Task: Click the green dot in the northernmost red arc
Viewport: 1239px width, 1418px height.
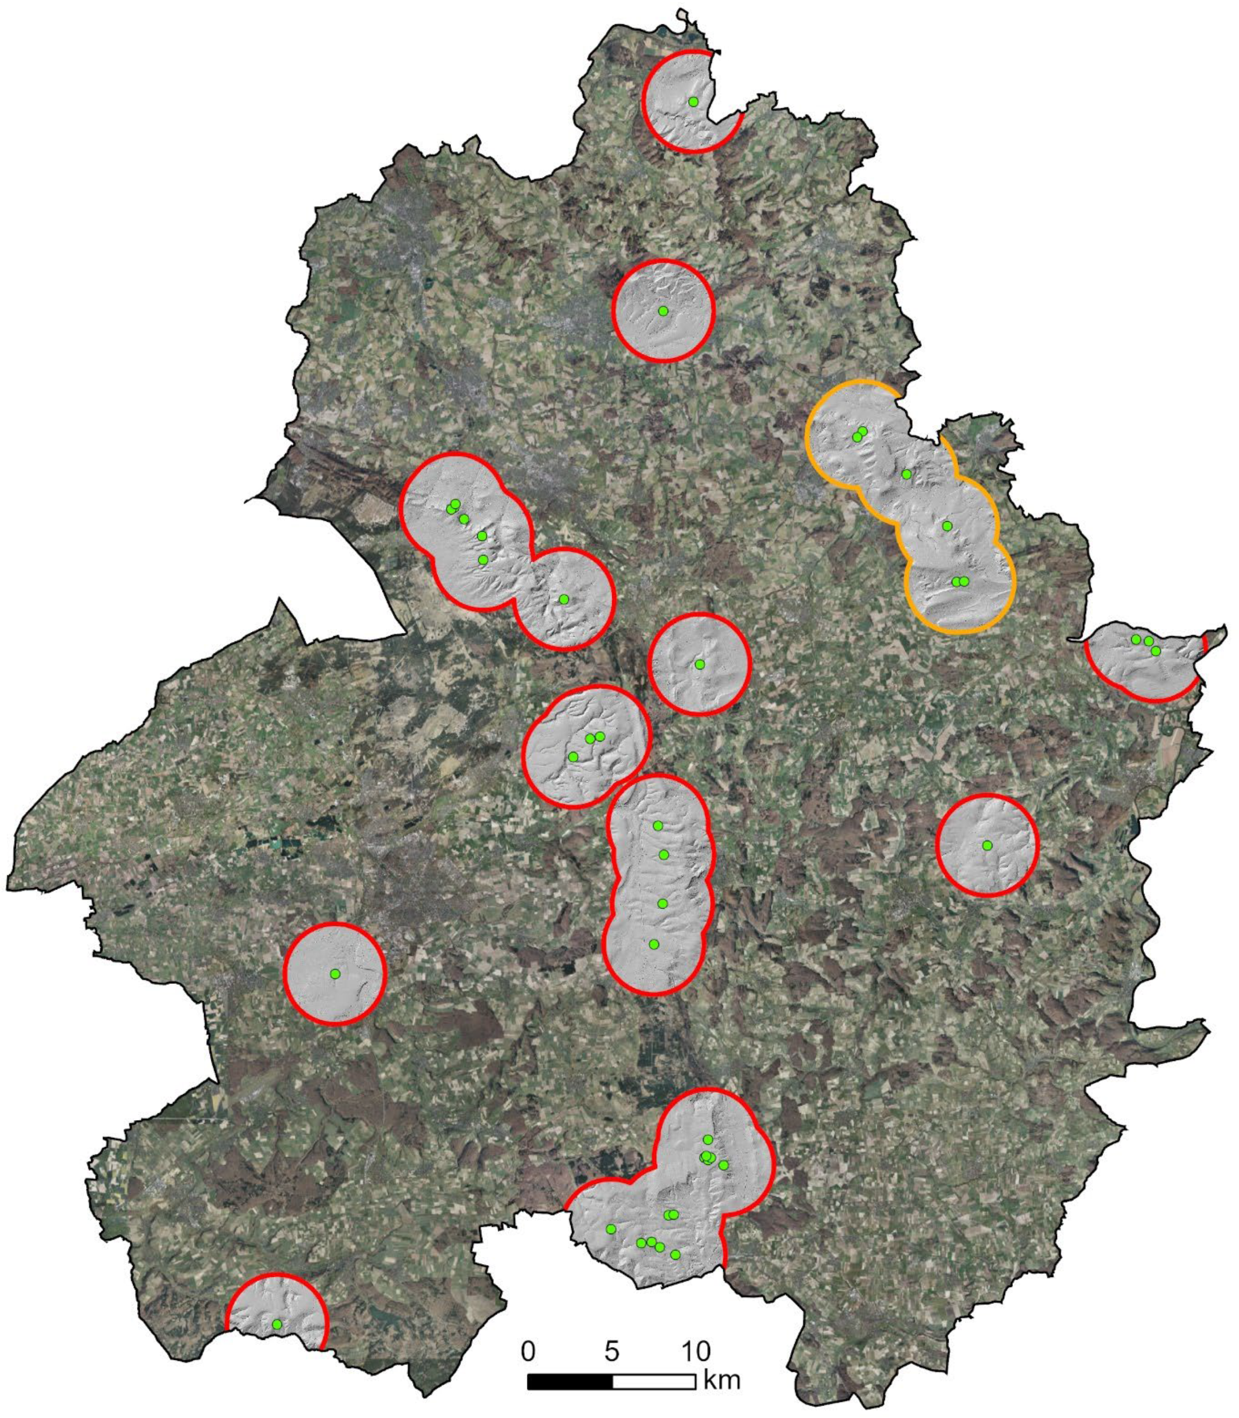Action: (693, 102)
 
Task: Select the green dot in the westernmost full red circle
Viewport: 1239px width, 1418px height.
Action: (335, 974)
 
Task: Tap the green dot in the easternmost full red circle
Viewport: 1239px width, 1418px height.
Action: (987, 845)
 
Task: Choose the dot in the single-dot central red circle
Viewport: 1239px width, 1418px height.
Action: (700, 664)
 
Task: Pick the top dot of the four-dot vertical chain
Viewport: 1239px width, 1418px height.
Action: (658, 826)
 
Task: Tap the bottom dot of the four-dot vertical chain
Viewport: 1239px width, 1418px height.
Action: (654, 944)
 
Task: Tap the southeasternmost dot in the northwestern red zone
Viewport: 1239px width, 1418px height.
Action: (564, 599)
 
